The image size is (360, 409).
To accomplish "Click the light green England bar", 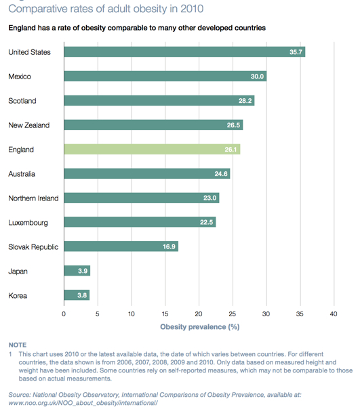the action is [x=152, y=149].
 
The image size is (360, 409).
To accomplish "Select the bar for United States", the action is [x=184, y=52].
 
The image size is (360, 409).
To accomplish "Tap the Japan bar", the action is [x=77, y=271].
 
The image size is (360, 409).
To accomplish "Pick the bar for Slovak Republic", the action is [x=121, y=246].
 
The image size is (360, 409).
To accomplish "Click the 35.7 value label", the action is [x=296, y=52].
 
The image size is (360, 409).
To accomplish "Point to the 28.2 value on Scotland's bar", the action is [x=245, y=101].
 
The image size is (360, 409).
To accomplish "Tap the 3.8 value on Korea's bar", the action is [x=82, y=295].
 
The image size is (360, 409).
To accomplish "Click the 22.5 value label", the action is [x=206, y=222].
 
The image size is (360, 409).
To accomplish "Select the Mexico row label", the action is [x=20, y=77].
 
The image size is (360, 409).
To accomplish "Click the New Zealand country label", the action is [x=28, y=125].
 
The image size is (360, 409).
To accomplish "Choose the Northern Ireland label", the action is [x=33, y=198].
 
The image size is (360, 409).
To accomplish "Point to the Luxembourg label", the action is [x=28, y=223].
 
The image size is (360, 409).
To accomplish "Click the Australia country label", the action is [x=22, y=174].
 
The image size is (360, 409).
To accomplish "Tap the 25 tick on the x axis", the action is [x=233, y=314].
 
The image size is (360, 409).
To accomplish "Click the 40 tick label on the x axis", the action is [x=334, y=314].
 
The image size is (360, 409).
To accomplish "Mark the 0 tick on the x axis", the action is [x=64, y=314].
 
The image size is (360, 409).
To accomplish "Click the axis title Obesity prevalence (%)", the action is [x=200, y=327].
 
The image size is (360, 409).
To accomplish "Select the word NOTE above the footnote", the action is [x=18, y=345].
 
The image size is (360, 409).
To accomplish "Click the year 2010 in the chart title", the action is [x=192, y=9].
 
